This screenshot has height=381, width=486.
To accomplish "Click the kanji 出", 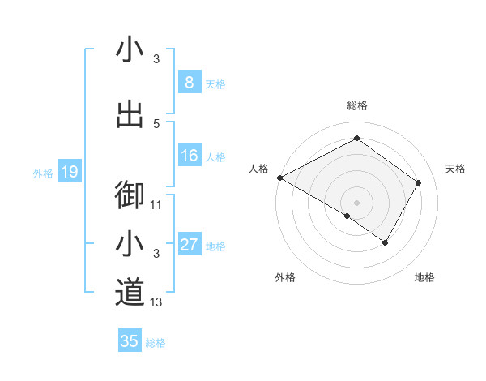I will point(130,114).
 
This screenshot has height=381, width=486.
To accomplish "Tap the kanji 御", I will point(130,195).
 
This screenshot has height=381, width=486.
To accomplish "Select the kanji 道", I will point(130,293).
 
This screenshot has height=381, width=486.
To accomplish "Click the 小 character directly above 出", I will point(130,51).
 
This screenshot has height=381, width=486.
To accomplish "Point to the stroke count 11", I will point(157,205).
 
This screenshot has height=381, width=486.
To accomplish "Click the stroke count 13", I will point(157,302).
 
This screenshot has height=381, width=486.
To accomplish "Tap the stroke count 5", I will point(156,123).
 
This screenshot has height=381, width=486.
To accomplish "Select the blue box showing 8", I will point(189,83).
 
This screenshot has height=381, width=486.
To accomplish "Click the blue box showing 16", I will point(189,156).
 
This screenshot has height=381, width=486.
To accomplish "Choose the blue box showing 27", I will point(189,245).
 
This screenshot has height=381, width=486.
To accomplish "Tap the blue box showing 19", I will point(69,172).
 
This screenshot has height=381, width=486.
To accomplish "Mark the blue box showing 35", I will point(129,341).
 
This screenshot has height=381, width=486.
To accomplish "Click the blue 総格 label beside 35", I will point(156,343).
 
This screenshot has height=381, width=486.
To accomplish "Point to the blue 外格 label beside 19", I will point(43,173).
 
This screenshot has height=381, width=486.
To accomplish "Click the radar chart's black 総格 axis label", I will point(357,105).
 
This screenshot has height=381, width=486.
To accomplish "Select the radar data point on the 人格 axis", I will point(279,178).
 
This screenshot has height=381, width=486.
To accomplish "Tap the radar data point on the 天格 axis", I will point(419,182).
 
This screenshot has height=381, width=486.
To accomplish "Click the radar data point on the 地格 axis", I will point(386,242).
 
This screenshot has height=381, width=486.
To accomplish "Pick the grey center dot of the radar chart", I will point(356,202).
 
